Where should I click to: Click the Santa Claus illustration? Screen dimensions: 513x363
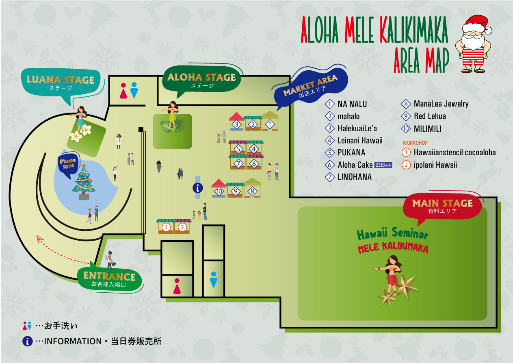point(473,43)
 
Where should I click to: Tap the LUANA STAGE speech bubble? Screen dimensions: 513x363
point(61,83)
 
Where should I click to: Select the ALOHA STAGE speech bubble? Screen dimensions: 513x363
point(201,79)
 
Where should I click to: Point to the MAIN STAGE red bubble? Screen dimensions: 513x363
point(442,206)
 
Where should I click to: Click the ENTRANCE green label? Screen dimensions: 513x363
point(109,279)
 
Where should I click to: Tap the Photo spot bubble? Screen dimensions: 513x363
point(68,164)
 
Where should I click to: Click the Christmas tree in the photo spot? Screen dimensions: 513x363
point(84,181)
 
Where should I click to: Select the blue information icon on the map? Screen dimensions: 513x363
point(198,188)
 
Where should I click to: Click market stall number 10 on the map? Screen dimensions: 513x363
point(219,188)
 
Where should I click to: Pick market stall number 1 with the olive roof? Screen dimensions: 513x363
point(270,121)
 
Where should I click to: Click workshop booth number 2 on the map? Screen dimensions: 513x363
point(182,226)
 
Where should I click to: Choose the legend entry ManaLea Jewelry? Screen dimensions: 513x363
point(435,104)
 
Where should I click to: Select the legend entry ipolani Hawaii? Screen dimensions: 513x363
point(429,165)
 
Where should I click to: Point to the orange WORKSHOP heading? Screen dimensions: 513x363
point(415,143)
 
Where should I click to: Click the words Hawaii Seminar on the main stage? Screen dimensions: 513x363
point(392,233)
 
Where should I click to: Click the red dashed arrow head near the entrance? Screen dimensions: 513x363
point(40,238)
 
